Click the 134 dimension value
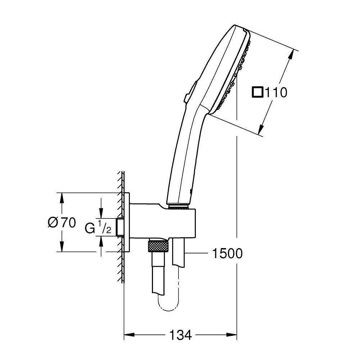click(180, 335)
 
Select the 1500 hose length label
click(227, 253)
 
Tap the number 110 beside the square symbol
click(276, 93)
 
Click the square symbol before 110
click(258, 92)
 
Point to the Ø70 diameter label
click(62, 222)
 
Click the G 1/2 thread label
click(98, 226)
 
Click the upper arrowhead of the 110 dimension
click(291, 55)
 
